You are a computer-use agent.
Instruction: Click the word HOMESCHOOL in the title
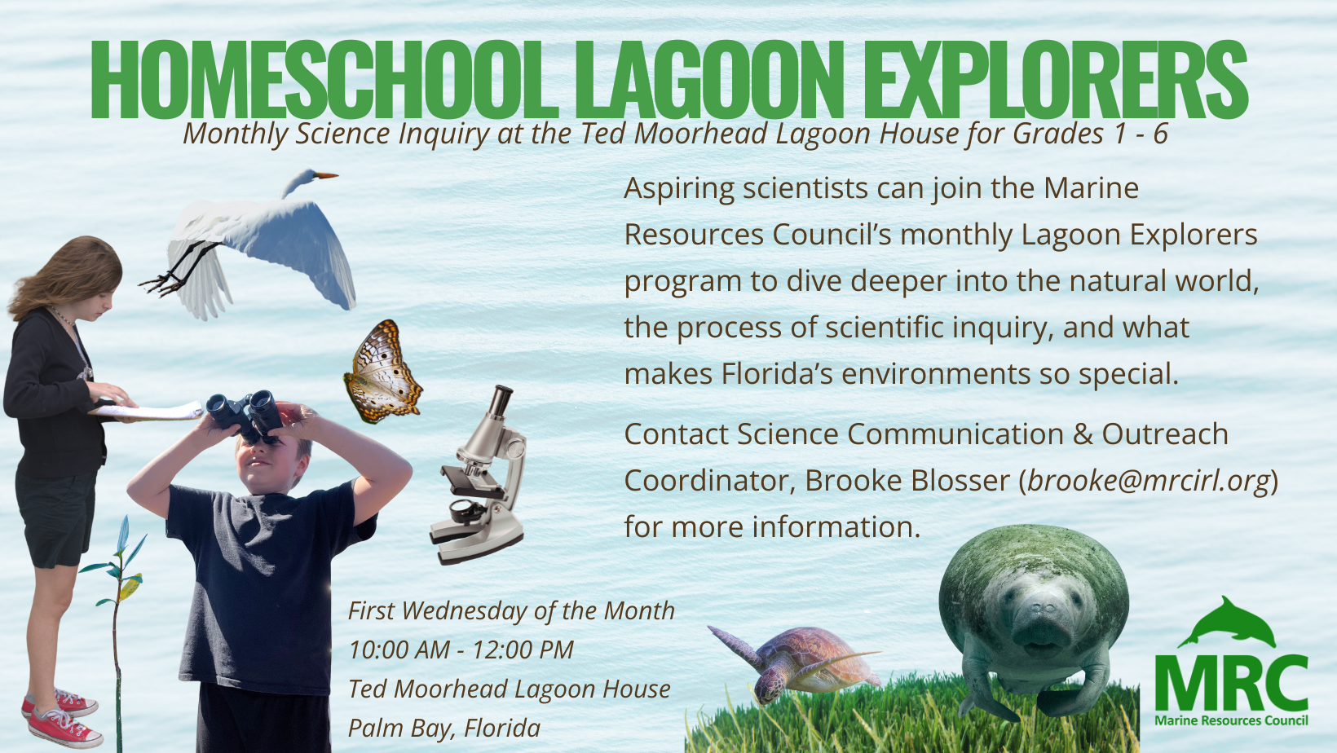324,79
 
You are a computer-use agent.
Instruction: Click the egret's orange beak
326,175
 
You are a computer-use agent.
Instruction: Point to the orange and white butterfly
382,371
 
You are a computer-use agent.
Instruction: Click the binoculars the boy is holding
245,416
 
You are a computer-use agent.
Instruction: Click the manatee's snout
1039,623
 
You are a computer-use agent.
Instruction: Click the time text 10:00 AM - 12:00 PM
461,650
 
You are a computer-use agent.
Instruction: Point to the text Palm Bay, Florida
444,729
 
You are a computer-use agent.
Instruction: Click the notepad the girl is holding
147,411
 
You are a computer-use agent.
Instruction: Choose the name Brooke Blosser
907,481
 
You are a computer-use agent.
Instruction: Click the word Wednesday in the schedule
467,611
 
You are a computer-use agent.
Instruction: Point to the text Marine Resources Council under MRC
1231,720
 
